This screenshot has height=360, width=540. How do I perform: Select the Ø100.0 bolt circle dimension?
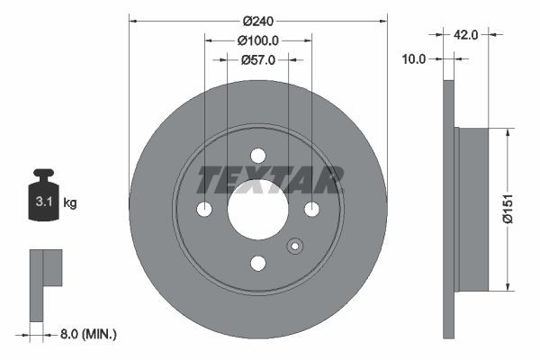pyautogui.click(x=257, y=40)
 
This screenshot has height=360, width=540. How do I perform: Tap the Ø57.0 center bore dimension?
pyautogui.click(x=257, y=59)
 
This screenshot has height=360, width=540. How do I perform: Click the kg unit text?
pyautogui.click(x=70, y=203)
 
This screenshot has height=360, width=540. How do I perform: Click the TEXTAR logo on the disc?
pyautogui.click(x=270, y=180)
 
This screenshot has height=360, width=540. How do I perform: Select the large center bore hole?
pyautogui.click(x=257, y=209)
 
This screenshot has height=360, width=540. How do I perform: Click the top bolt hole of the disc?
pyautogui.click(x=257, y=155)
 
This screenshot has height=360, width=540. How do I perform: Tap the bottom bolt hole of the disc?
pyautogui.click(x=257, y=262)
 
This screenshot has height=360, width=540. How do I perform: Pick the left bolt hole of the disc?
pyautogui.click(x=204, y=209)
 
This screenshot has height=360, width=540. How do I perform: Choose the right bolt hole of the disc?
pyautogui.click(x=311, y=209)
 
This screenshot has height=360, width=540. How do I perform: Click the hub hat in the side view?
pyautogui.click(x=472, y=209)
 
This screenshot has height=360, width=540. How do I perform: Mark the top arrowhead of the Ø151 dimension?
pyautogui.click(x=507, y=132)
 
